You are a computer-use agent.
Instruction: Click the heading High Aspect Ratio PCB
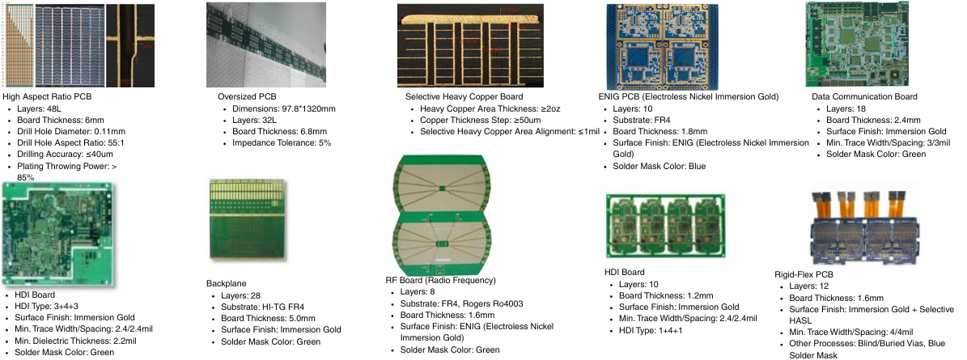tap(47, 97)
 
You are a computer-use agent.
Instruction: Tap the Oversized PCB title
tap(247, 97)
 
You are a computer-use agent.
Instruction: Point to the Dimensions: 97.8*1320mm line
tap(284, 108)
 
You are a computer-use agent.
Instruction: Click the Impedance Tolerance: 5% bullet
tap(282, 143)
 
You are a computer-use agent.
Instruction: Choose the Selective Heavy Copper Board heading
tap(464, 97)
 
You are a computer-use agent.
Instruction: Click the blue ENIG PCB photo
tap(663, 47)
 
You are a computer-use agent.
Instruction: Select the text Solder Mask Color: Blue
tap(659, 167)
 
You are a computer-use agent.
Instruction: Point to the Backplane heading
tap(227, 284)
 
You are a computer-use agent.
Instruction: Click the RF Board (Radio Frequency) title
tap(440, 281)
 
